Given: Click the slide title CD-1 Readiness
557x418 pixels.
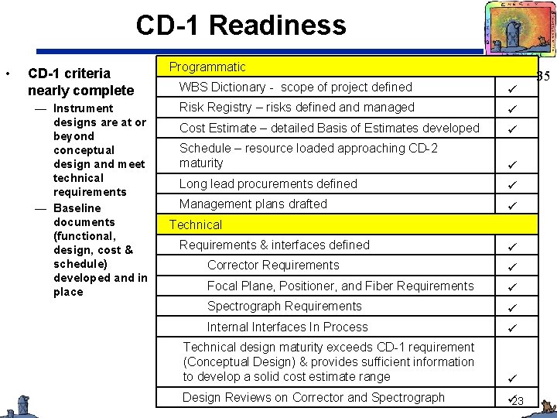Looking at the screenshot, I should pos(241,26).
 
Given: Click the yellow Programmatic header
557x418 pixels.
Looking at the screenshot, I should pos(207,67).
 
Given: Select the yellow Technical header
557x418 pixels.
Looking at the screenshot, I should pos(195,224).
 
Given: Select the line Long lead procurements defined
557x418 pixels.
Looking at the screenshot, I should pos(268,184).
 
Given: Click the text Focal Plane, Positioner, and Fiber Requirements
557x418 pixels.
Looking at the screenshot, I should pos(340,286).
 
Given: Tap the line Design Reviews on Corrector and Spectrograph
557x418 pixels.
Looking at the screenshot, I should pos(313,397).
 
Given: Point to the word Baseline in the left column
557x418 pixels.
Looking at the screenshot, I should pos(77,207).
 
